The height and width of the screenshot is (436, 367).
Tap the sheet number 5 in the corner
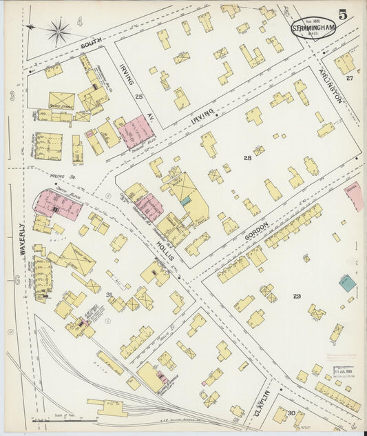[x=342, y=13]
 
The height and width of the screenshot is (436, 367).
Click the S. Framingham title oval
[x=313, y=28]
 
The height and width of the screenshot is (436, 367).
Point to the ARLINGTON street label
[x=330, y=86]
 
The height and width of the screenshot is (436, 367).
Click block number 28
[x=247, y=159]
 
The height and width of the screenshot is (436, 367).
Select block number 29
[x=297, y=297]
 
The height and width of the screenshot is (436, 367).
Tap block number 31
[x=109, y=275]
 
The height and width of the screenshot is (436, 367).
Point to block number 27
[x=350, y=78]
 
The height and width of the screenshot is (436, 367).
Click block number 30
[x=291, y=413]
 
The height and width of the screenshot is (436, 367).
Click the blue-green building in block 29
[x=348, y=282]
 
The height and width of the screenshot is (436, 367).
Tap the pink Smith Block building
[x=59, y=204]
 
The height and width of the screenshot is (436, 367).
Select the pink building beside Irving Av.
[x=136, y=131]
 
